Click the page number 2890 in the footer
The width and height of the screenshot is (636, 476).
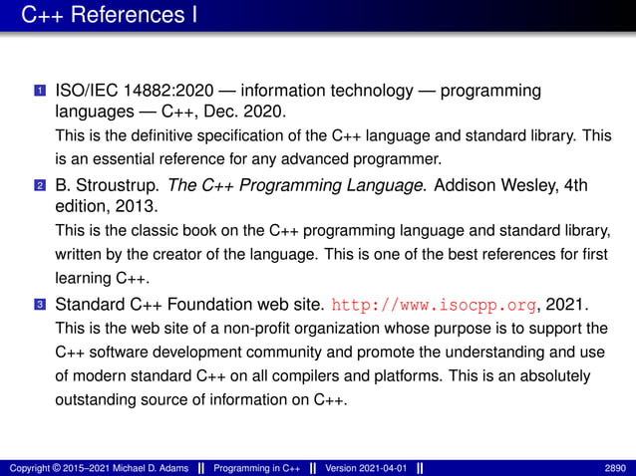point(616,467)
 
